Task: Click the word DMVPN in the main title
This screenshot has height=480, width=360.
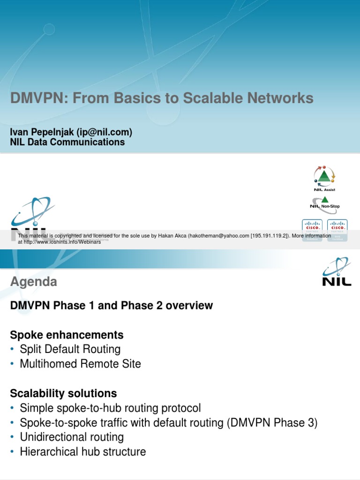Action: pyautogui.click(x=35, y=98)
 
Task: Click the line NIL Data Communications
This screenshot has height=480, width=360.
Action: pyautogui.click(x=67, y=142)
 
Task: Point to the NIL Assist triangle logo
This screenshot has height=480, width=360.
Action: pyautogui.click(x=324, y=178)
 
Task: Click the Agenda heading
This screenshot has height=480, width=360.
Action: pyautogui.click(x=34, y=282)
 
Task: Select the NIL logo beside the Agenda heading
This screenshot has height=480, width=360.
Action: pyautogui.click(x=337, y=272)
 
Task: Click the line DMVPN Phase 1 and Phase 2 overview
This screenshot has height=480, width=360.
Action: pyautogui.click(x=112, y=306)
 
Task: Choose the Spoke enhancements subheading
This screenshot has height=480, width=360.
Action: pyautogui.click(x=67, y=335)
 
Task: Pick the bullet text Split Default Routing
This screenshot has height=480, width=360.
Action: pyautogui.click(x=70, y=349)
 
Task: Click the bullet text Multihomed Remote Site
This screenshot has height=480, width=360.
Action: pyautogui.click(x=80, y=364)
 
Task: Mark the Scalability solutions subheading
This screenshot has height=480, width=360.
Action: pyautogui.click(x=64, y=393)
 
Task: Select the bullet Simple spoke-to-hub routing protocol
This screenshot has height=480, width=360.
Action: pyautogui.click(x=110, y=408)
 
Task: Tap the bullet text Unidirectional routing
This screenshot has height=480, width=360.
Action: pyautogui.click(x=72, y=437)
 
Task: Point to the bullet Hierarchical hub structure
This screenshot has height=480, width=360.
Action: pyautogui.click(x=82, y=452)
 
